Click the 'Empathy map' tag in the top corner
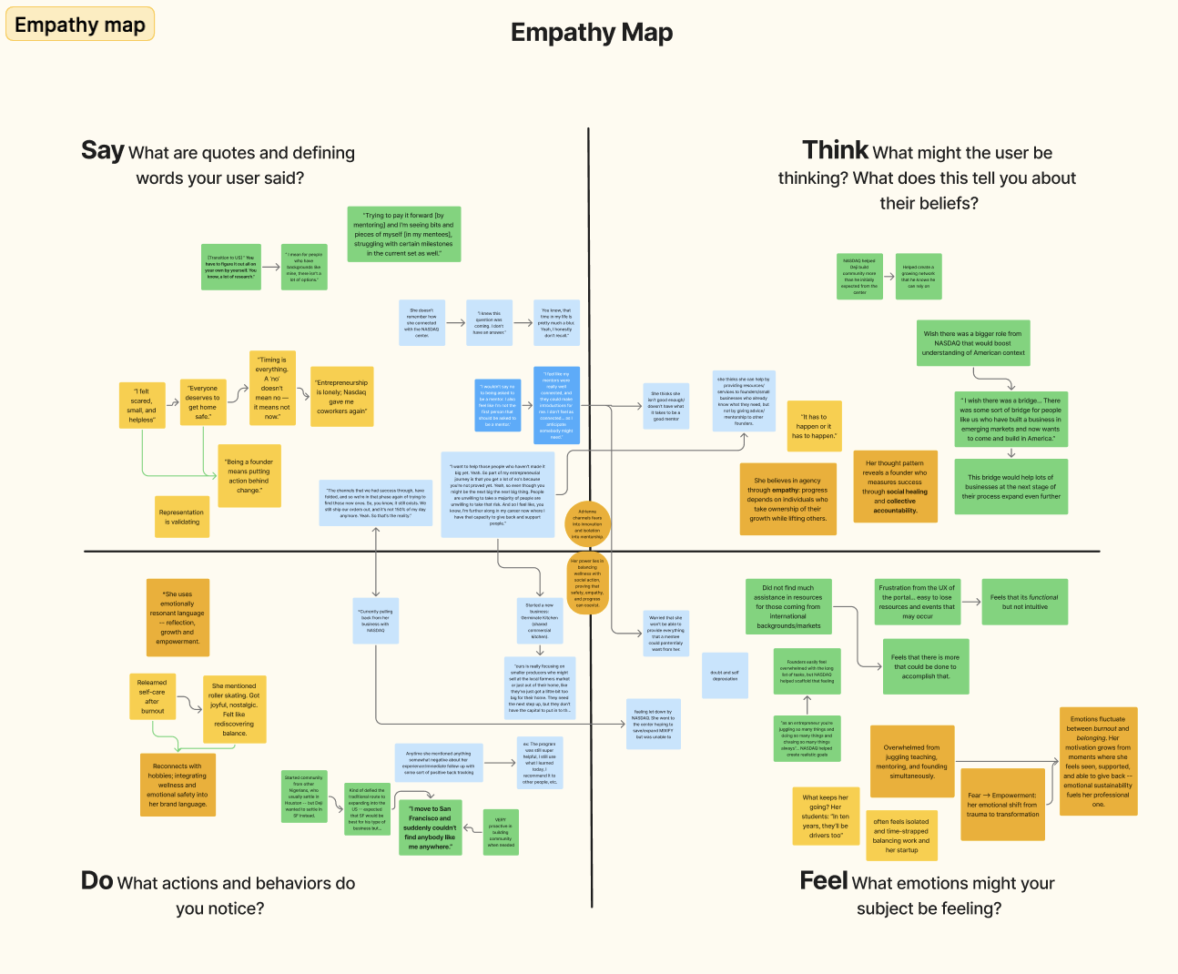click(80, 25)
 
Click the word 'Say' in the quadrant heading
click(102, 150)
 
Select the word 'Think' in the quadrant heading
click(835, 150)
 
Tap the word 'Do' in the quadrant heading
click(96, 880)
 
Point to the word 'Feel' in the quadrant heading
click(823, 880)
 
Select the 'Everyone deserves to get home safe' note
click(202, 402)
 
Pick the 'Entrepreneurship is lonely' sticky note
click(341, 397)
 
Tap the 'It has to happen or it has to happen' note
click(812, 426)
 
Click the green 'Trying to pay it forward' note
click(403, 234)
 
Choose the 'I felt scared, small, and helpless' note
click(142, 405)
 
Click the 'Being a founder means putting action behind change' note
click(249, 475)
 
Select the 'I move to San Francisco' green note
click(431, 827)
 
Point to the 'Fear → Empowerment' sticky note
click(1002, 805)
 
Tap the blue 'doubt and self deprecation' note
click(726, 675)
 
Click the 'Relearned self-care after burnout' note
click(152, 696)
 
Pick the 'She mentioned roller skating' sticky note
click(235, 709)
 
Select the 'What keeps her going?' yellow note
click(826, 817)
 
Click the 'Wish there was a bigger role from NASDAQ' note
click(973, 343)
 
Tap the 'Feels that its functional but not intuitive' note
click(1024, 602)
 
